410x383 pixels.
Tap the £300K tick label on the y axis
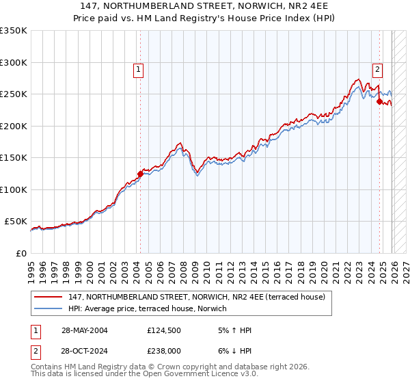click(14, 62)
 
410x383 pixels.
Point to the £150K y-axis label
click(14, 158)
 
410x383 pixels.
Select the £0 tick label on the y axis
click(20, 254)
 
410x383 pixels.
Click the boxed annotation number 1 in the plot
click(139, 68)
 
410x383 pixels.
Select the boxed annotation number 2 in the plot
click(377, 68)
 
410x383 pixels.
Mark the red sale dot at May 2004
click(140, 174)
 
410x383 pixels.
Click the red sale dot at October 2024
click(379, 101)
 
